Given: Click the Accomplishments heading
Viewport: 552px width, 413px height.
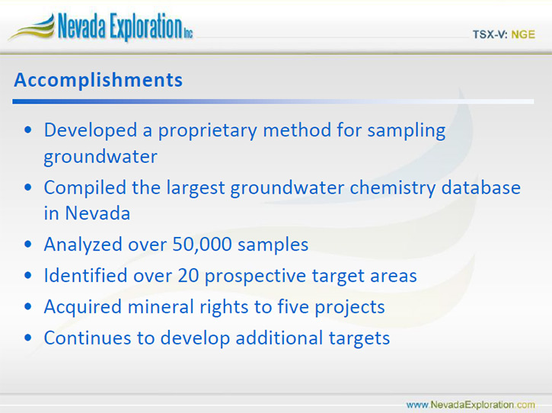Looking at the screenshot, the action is pyautogui.click(x=98, y=80).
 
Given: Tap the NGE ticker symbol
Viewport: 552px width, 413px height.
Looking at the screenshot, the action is pyautogui.click(x=523, y=34).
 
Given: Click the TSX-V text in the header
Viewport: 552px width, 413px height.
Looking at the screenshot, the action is pyautogui.click(x=490, y=34).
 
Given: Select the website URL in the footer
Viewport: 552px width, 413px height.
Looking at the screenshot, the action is pyautogui.click(x=471, y=405).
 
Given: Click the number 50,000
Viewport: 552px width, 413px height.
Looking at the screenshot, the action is pyautogui.click(x=202, y=244).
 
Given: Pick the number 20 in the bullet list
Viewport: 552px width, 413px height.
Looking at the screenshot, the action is pyautogui.click(x=188, y=275).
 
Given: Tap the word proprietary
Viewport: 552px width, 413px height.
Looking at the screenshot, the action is pyautogui.click(x=207, y=131).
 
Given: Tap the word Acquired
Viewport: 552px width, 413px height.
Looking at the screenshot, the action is pyautogui.click(x=83, y=307).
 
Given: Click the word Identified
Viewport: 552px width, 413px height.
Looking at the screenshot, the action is pyautogui.click(x=85, y=275).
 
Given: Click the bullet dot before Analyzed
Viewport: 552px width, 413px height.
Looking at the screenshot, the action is pyautogui.click(x=28, y=244).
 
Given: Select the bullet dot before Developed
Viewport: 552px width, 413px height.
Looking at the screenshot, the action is pyautogui.click(x=28, y=130).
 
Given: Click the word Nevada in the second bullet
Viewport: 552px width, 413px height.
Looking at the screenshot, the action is pyautogui.click(x=97, y=213).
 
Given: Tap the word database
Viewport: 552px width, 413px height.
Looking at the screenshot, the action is pyautogui.click(x=481, y=187).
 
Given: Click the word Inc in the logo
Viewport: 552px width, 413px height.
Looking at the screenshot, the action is pyautogui.click(x=188, y=34).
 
